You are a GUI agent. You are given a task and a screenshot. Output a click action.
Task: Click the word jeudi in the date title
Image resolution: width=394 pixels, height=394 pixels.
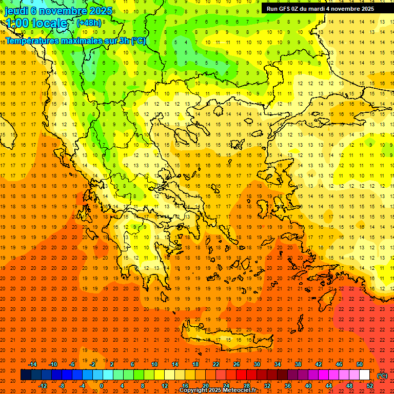(x=16, y=10)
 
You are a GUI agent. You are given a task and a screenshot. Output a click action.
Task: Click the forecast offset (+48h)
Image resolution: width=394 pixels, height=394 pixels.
(x=89, y=23)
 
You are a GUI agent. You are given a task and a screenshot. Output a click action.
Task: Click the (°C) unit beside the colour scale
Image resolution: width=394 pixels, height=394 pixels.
(x=382, y=376)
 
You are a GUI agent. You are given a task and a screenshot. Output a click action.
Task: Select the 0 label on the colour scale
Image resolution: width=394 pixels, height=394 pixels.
(x=101, y=386)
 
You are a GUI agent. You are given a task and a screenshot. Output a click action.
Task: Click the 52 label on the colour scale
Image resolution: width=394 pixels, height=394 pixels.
(x=370, y=386)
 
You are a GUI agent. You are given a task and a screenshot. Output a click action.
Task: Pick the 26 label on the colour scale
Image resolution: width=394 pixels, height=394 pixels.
(x=237, y=364)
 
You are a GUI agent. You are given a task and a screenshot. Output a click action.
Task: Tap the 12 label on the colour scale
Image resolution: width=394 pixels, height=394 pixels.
(x=165, y=386)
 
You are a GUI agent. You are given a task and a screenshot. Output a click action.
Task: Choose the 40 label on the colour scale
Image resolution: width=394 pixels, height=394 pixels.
(x=308, y=386)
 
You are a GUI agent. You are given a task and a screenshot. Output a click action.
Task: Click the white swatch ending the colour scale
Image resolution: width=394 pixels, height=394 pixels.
(x=365, y=375)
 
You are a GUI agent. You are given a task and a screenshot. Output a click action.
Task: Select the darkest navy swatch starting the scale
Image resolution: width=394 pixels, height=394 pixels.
(x=26, y=375)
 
